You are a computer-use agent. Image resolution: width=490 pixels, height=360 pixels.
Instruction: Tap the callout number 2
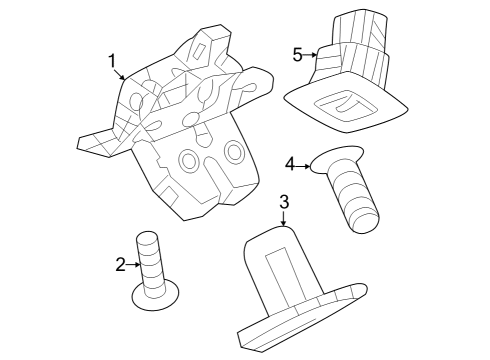point(120,264)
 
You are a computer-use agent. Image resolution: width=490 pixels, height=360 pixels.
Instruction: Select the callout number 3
point(284,202)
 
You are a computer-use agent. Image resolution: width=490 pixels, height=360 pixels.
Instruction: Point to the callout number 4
point(290,163)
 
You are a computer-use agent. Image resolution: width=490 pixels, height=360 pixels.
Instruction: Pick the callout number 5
point(298,54)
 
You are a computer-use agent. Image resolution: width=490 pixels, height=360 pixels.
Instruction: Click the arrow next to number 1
point(122,76)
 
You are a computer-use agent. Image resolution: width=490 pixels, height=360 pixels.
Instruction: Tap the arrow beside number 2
point(133,264)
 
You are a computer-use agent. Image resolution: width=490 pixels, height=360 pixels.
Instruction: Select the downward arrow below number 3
point(284,221)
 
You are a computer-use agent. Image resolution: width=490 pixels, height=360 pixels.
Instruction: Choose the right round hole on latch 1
point(234,150)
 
